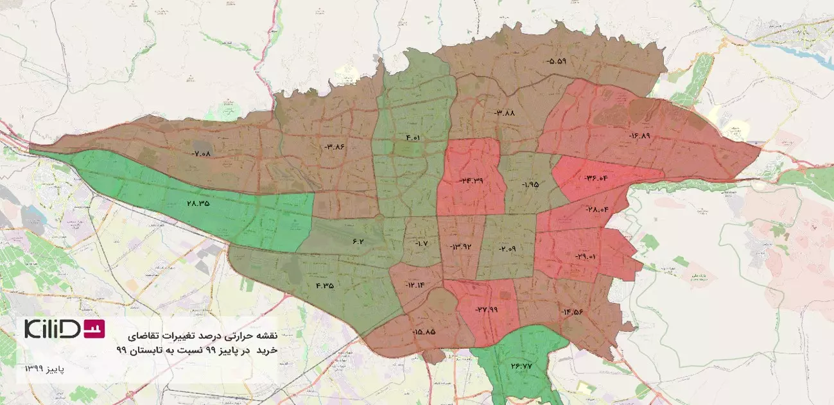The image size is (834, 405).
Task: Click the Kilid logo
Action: tap(64, 328)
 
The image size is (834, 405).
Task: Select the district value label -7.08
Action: tap(201, 153)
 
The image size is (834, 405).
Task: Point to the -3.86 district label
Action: tap(335, 147)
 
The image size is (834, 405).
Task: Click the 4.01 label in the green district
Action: tap(412, 137)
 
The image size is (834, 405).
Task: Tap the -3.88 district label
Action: tap(505, 112)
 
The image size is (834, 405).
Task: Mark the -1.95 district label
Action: tap(530, 184)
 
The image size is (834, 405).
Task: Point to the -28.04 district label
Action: tap(597, 209)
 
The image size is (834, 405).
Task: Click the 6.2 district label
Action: tap(358, 241)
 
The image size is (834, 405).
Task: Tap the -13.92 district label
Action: tap(461, 246)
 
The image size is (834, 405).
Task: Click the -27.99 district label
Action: tap(487, 309)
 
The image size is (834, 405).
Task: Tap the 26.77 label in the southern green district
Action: tap(522, 366)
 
